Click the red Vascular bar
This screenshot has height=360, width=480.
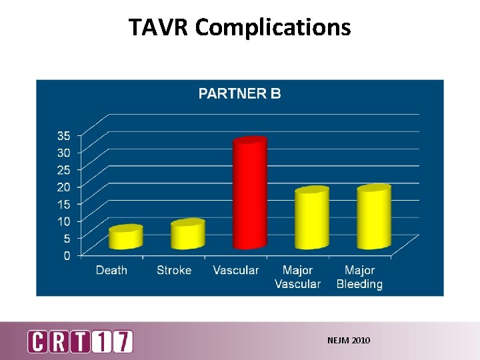[249, 193]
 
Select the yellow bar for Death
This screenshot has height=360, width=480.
[126, 238]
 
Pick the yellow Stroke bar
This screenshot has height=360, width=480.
[187, 235]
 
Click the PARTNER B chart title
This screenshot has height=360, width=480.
[239, 94]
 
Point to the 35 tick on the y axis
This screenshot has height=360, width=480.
[63, 135]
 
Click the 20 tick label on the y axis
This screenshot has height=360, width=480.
[63, 187]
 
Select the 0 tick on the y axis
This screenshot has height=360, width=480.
[67, 255]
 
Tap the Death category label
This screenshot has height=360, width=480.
[111, 270]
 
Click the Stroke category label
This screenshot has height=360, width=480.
[174, 270]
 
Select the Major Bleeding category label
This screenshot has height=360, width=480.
[359, 277]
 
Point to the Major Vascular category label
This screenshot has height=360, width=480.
[298, 277]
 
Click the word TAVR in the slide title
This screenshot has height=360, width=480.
[159, 27]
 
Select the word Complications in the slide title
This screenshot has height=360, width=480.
[273, 27]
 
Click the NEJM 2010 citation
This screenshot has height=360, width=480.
[349, 341]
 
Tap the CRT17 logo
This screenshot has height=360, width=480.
[80, 341]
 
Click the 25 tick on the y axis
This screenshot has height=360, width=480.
[63, 169]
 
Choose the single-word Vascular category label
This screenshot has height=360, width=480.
[235, 270]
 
